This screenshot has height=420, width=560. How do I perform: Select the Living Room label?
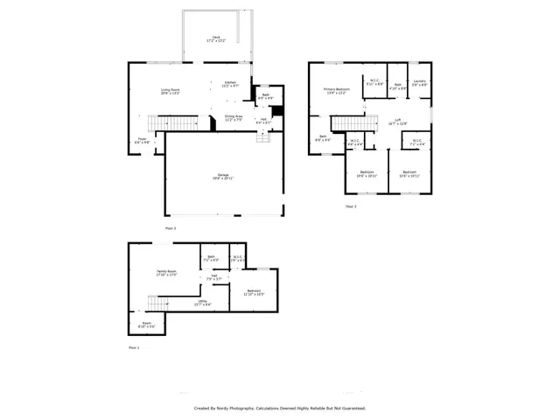[x=170, y=91]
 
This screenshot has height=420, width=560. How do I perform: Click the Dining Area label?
[x=234, y=117]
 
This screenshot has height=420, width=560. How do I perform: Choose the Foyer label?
[x=143, y=140]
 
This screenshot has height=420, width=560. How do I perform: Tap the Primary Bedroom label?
[x=336, y=90]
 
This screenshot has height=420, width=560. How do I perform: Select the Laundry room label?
[x=419, y=83]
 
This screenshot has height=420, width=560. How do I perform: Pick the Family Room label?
[x=166, y=274]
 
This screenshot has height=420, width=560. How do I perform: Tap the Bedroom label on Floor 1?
[x=254, y=292]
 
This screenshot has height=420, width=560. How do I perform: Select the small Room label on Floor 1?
[x=146, y=324]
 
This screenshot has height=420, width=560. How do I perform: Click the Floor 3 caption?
[x=350, y=207]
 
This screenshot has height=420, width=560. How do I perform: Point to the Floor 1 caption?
[x=134, y=347]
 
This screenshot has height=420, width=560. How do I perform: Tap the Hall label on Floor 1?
[x=214, y=276]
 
